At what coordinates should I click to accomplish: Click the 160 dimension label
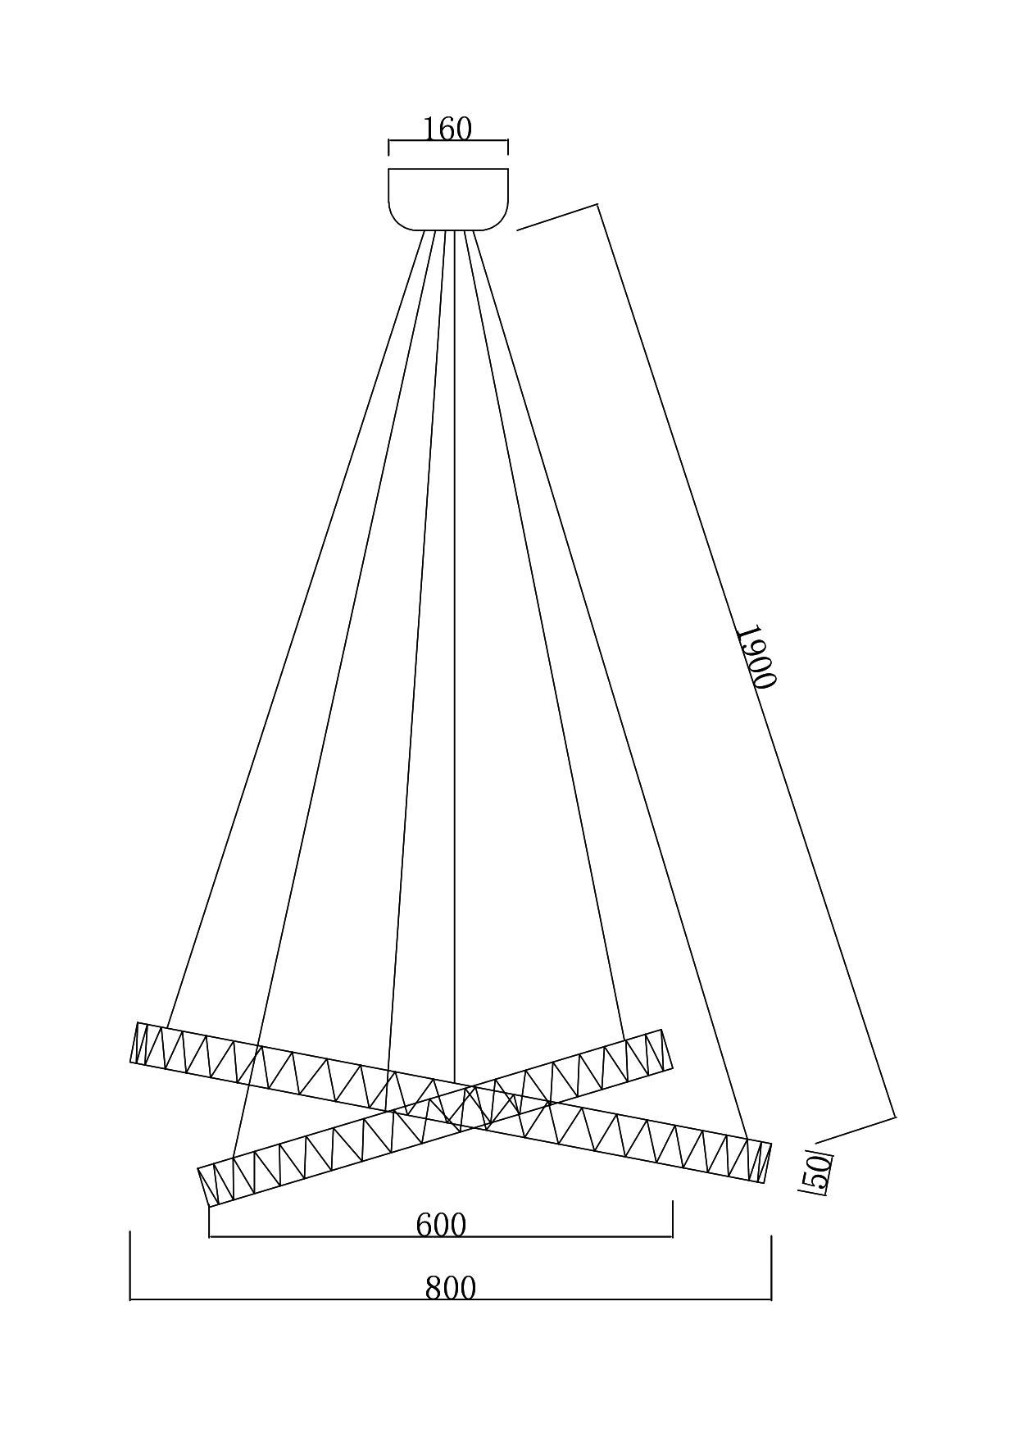447,130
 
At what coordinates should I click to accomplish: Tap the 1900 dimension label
754,657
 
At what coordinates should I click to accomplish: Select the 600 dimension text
441,1225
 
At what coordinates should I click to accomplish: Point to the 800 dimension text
450,1288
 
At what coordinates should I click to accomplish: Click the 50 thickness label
817,1173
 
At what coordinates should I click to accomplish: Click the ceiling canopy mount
448,199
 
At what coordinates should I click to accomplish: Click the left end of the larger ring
134,1043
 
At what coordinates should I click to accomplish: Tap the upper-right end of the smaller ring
667,1049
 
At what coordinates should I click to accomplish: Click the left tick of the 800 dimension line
130,1265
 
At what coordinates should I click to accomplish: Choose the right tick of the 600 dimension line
673,1218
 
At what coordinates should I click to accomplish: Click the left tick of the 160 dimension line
388,148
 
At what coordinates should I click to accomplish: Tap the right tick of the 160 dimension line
508,148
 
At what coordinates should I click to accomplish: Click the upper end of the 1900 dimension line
597,204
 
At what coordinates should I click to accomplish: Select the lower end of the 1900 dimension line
895,1117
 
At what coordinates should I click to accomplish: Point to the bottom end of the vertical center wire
454,1081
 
